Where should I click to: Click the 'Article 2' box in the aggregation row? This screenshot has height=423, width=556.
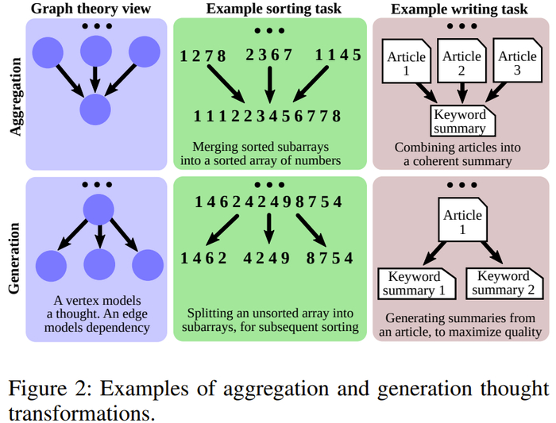click(x=462, y=63)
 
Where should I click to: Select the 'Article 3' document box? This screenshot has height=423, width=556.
click(x=518, y=63)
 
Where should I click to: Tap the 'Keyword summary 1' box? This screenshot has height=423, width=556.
click(x=413, y=283)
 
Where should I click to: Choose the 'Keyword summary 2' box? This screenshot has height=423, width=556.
click(x=504, y=283)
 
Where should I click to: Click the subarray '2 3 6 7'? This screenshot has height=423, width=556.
click(x=269, y=56)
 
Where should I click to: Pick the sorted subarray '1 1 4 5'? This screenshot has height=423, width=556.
click(x=338, y=56)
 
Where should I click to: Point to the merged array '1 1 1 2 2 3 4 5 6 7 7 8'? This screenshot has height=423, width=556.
click(x=268, y=117)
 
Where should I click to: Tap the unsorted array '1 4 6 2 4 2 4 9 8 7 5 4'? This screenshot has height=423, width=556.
click(x=269, y=202)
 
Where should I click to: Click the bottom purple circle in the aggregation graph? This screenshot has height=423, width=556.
click(x=95, y=109)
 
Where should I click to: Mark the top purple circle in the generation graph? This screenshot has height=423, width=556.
click(x=96, y=210)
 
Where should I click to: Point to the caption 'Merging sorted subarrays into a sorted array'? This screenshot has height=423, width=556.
click(x=266, y=154)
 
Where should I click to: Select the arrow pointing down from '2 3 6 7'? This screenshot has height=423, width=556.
click(x=269, y=83)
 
